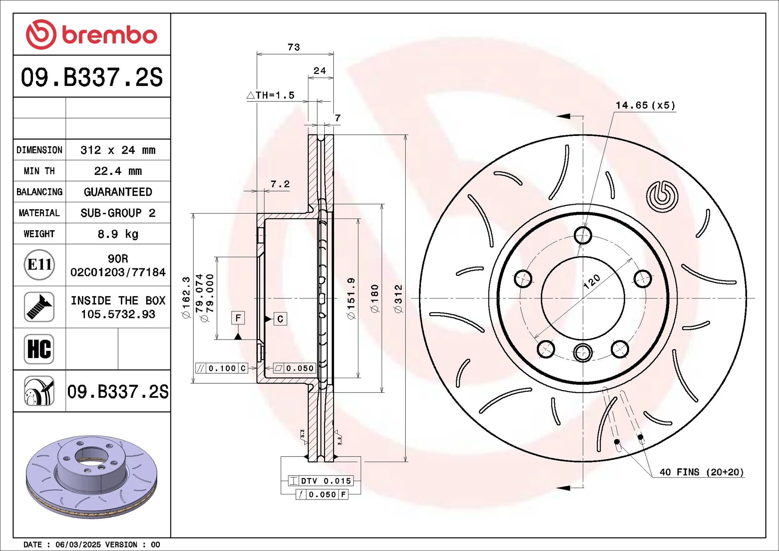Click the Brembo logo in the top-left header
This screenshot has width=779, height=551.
pyautogui.click(x=91, y=34)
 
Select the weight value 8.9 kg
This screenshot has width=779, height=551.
pyautogui.click(x=118, y=234)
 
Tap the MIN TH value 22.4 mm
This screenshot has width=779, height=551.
pyautogui.click(x=118, y=171)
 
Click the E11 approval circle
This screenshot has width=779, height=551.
pyautogui.click(x=39, y=265)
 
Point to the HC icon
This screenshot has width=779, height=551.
pyautogui.click(x=39, y=349)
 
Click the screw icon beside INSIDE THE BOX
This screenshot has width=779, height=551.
pyautogui.click(x=39, y=307)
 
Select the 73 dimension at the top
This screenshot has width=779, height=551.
pyautogui.click(x=294, y=47)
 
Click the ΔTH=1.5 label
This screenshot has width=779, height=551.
pyautogui.click(x=271, y=96)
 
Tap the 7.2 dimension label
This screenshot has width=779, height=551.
pyautogui.click(x=280, y=184)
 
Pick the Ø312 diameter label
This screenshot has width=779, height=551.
pyautogui.click(x=398, y=298)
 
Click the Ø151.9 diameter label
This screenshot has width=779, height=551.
pyautogui.click(x=351, y=298)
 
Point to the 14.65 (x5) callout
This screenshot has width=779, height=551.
pyautogui.click(x=645, y=106)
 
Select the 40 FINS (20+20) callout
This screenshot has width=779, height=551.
pyautogui.click(x=701, y=472)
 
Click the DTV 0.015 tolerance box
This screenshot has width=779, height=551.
pyautogui.click(x=321, y=481)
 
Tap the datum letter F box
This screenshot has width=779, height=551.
pyautogui.click(x=238, y=318)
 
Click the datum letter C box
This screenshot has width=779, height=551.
pyautogui.click(x=280, y=319)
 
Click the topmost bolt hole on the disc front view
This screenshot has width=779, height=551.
pyautogui.click(x=583, y=235)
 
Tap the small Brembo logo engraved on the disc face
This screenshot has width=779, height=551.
pyautogui.click(x=662, y=196)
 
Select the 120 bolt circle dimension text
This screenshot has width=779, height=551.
pyautogui.click(x=592, y=281)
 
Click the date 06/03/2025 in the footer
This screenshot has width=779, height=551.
pyautogui.click(x=78, y=545)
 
